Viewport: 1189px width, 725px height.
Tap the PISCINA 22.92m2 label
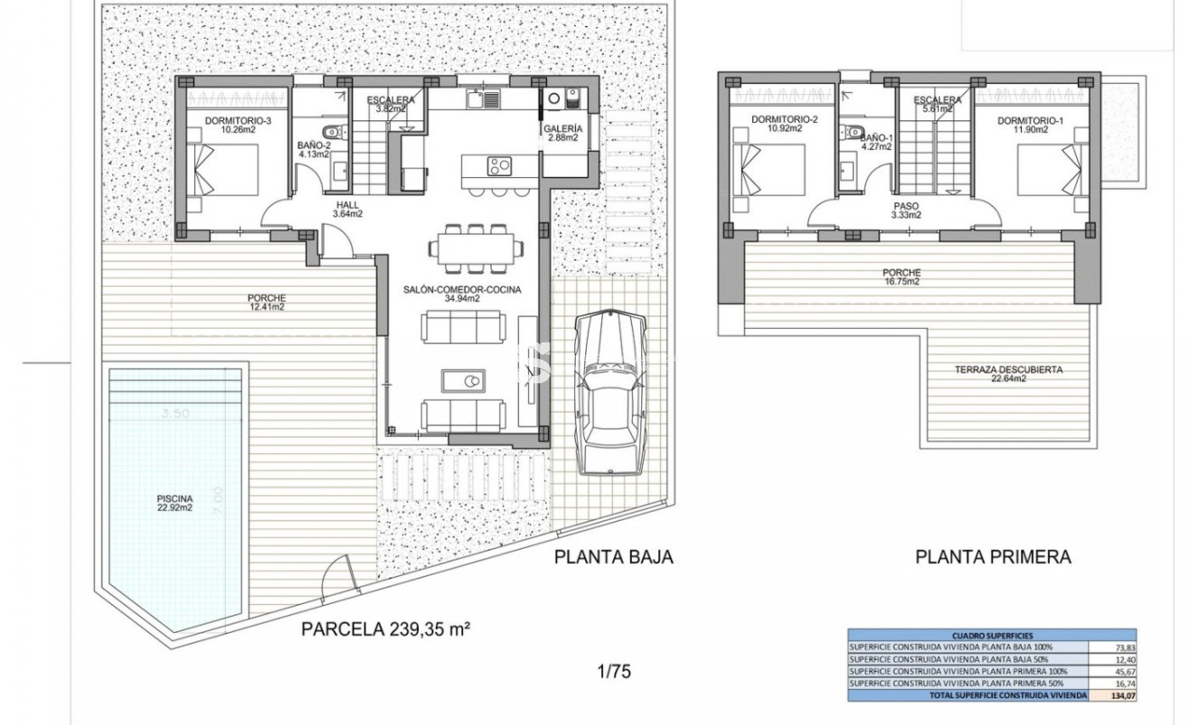[174, 503]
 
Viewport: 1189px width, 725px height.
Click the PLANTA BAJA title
[613, 557]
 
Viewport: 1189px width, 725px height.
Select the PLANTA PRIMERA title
[993, 557]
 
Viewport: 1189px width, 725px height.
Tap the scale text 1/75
[613, 672]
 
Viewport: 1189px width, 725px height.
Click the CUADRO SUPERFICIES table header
[992, 636]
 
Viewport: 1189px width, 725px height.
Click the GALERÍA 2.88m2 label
[564, 133]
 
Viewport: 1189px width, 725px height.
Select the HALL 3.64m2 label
[347, 210]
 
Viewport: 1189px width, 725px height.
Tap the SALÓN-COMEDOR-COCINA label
[461, 293]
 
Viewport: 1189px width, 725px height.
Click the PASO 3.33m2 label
[907, 211]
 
